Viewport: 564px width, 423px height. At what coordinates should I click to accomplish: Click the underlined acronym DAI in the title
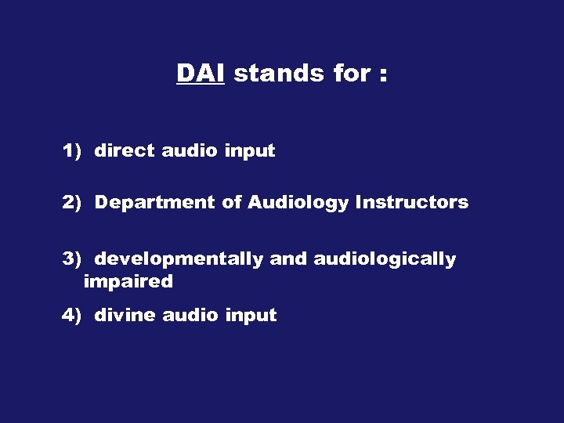pos(201,74)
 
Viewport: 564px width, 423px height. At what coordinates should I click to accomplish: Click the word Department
pos(154,203)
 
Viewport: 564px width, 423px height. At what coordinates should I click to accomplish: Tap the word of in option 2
pos(231,203)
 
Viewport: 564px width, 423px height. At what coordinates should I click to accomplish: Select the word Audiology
pos(298,204)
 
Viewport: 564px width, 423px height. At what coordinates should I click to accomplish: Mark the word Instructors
pos(412,203)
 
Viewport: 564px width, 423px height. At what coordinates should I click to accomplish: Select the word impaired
pos(128,282)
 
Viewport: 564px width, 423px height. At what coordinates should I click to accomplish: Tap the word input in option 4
pos(251,316)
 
